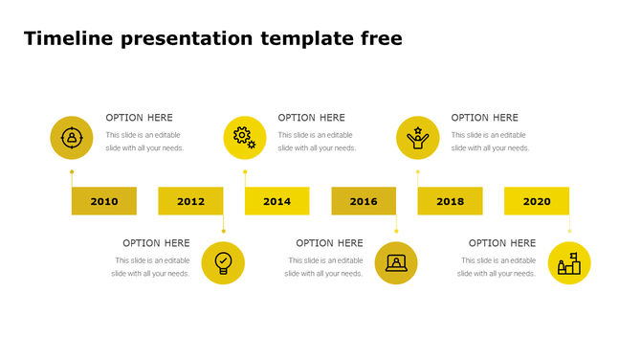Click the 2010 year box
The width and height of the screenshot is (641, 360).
coord(104,201)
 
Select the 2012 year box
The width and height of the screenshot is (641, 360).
coord(190,201)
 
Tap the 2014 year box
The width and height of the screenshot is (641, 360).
coord(276,201)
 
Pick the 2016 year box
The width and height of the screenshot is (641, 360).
coord(364,201)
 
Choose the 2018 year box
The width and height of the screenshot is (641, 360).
coord(450,201)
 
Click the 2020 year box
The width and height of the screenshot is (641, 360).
coord(537,201)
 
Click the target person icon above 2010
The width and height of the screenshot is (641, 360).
coord(71,137)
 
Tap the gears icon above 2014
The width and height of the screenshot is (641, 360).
coord(245,137)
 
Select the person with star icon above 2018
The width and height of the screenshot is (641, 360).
coord(417,137)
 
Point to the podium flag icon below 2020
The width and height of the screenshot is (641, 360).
coord(569,262)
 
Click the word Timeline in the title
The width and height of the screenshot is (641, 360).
coord(68,39)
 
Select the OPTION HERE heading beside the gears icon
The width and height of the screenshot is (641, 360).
coord(311,118)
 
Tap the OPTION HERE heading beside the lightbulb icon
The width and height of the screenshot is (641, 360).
coord(156,243)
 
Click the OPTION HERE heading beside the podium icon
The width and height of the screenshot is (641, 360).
coord(501,243)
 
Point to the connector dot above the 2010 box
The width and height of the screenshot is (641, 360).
coord(72,172)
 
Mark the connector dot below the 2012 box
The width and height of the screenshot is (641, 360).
coord(223,231)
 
